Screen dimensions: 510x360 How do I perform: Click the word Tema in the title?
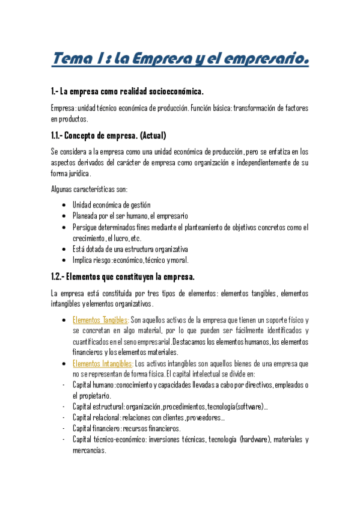(x=72, y=60)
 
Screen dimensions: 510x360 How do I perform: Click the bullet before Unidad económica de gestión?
(x=64, y=206)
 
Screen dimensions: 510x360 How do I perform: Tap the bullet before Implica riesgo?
(x=64, y=260)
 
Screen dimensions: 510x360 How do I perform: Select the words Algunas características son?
(x=85, y=189)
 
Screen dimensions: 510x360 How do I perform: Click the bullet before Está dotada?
(x=64, y=249)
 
